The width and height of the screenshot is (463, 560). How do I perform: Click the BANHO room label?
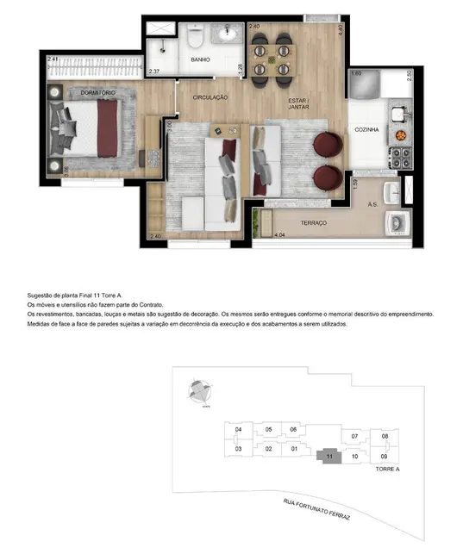pos(202,60)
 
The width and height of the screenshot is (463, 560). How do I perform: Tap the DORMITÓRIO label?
pos(74,92)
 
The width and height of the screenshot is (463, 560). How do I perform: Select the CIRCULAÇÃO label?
pos(210,97)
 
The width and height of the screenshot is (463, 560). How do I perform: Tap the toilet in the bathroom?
pos(195,40)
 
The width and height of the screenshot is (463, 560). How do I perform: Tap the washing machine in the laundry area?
pos(396,223)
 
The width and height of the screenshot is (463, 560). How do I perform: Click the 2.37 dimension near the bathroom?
pos(154,72)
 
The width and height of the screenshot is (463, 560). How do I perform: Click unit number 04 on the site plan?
pos(237,429)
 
